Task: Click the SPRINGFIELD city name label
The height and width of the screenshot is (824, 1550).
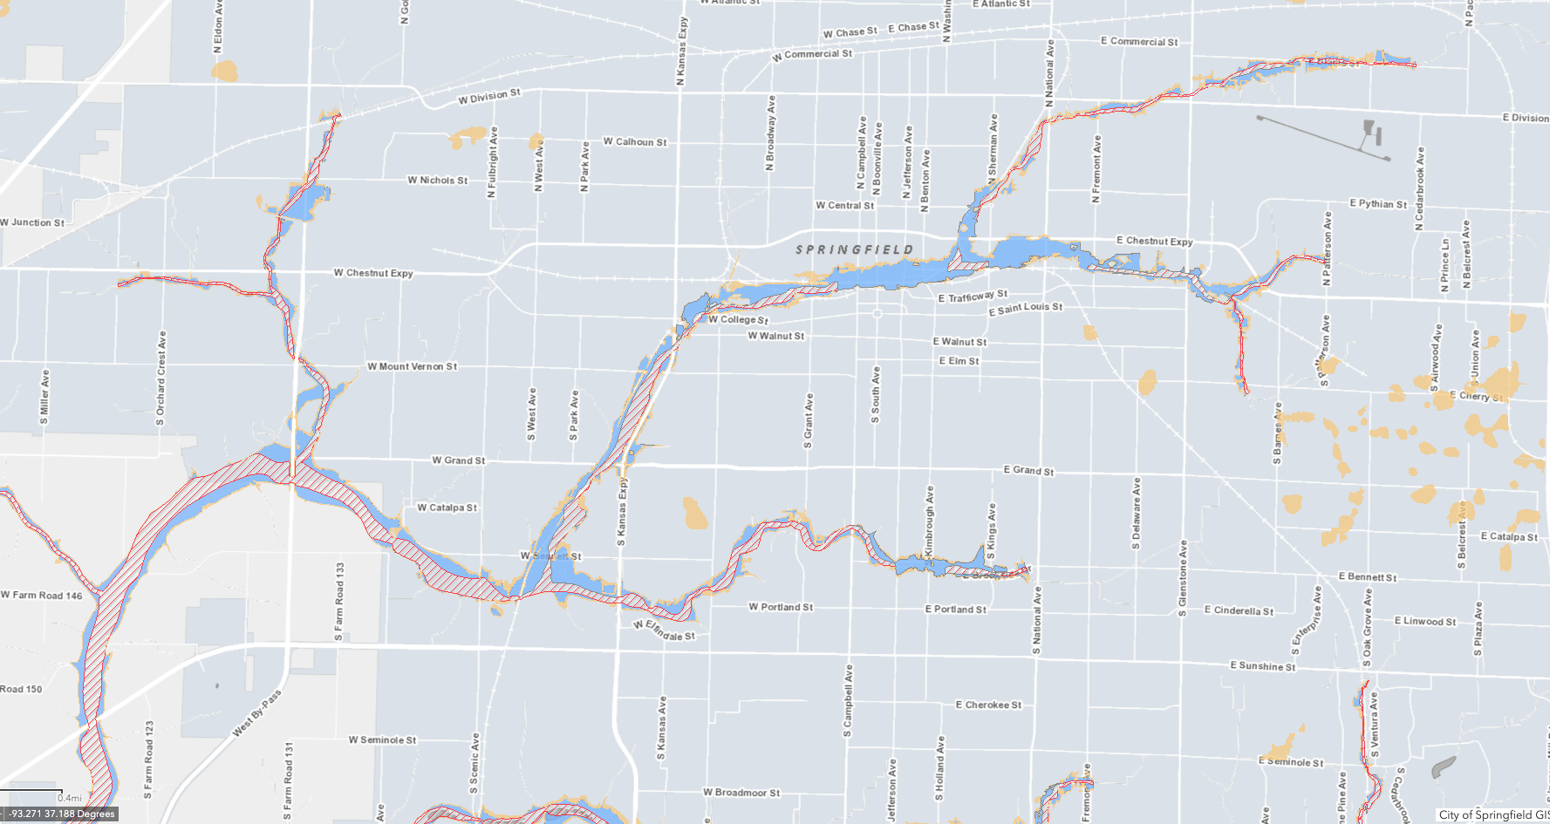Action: pyautogui.click(x=854, y=250)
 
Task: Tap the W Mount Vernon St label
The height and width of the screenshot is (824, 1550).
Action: pyautogui.click(x=412, y=367)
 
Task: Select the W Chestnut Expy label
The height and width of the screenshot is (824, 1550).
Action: pyautogui.click(x=373, y=273)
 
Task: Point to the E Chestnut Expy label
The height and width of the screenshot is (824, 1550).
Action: pyautogui.click(x=1154, y=242)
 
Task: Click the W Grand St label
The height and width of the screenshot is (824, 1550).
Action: pyautogui.click(x=458, y=460)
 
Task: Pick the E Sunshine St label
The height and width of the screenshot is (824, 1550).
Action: pyautogui.click(x=1262, y=666)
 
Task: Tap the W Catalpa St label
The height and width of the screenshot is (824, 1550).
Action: pyautogui.click(x=447, y=507)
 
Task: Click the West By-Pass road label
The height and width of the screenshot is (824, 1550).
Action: pyautogui.click(x=257, y=713)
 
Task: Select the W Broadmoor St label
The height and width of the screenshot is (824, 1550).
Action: pyautogui.click(x=741, y=793)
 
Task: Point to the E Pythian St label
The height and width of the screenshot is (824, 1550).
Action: pyautogui.click(x=1378, y=204)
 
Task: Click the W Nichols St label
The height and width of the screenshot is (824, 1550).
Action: pyautogui.click(x=437, y=180)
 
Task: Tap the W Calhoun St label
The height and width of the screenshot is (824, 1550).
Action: pyautogui.click(x=634, y=142)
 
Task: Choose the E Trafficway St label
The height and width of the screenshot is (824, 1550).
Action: pyautogui.click(x=973, y=296)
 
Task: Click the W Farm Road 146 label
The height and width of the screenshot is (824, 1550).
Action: pyautogui.click(x=41, y=596)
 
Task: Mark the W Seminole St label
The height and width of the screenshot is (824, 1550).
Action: pyautogui.click(x=382, y=740)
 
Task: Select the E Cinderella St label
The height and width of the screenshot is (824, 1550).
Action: pyautogui.click(x=1239, y=610)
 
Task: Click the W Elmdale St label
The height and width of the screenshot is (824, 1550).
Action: pyautogui.click(x=664, y=631)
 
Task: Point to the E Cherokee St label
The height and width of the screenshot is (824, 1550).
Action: pyautogui.click(x=988, y=705)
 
